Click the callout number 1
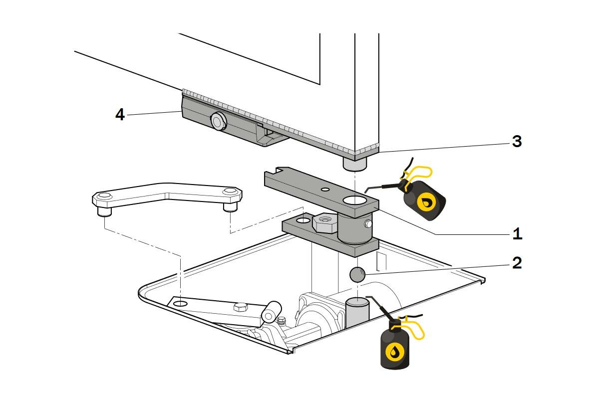pos(517,233)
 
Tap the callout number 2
pos(517,263)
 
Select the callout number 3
pos(517,142)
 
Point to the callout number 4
pos(120,114)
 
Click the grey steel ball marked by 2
pos(357,274)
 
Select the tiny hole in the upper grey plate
pos(325,190)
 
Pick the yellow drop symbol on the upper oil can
pos(427,202)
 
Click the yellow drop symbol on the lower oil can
pos(395,352)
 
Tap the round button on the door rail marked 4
pos(218,120)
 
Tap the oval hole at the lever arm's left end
pos(181,303)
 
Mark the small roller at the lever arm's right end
pos(271,313)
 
